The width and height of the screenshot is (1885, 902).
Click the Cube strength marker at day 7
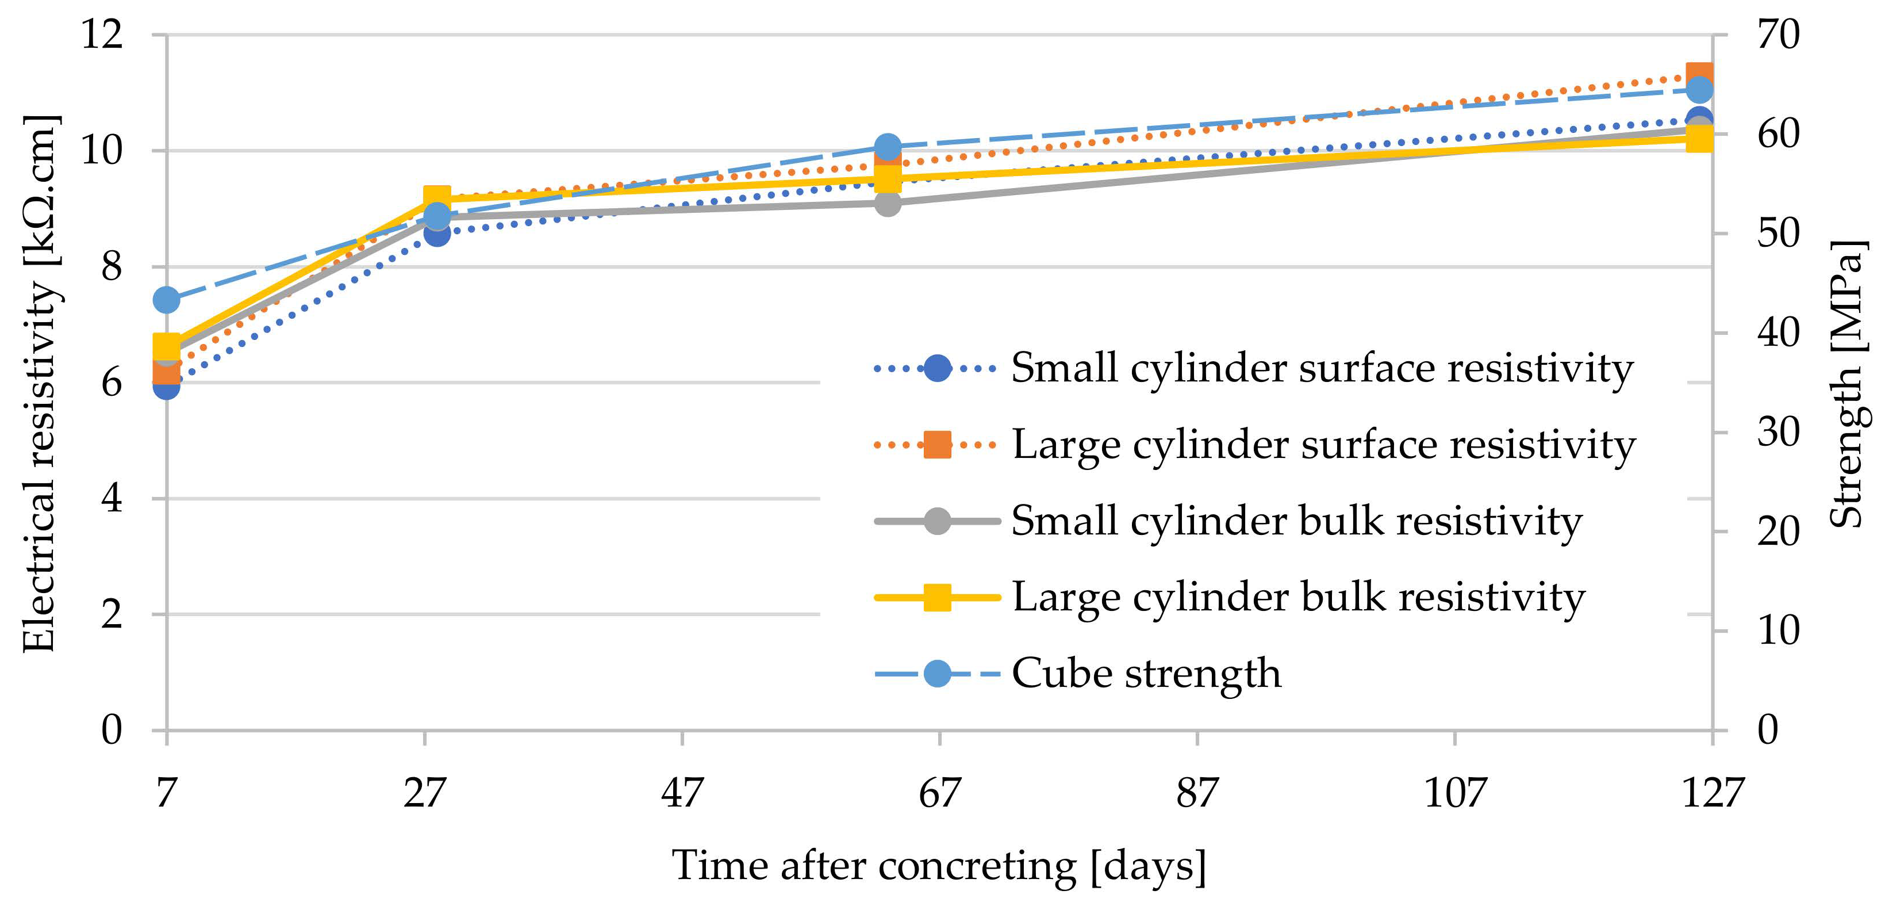[x=167, y=300]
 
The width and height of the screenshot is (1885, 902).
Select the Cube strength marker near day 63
[x=888, y=147]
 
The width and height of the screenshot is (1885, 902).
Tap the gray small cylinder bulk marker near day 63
[x=888, y=204]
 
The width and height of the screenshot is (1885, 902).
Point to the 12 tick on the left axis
[x=102, y=35]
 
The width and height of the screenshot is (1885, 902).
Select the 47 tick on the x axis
[x=682, y=793]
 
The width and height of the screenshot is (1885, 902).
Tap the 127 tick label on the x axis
[x=1713, y=793]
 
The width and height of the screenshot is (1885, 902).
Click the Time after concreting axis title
[x=939, y=866]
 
